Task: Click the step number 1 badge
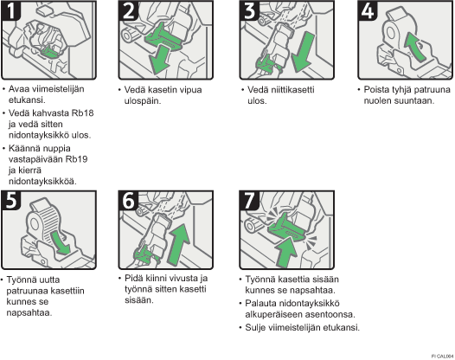[x=11, y=10]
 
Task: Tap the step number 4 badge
[x=368, y=10]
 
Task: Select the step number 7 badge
[x=249, y=200]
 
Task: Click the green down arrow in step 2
[x=159, y=60]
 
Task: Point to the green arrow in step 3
[x=303, y=52]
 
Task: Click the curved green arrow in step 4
[x=414, y=47]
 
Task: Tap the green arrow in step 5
[x=61, y=242]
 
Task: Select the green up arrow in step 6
[x=178, y=244]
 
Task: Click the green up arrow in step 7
[x=286, y=252]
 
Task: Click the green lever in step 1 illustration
[x=50, y=51]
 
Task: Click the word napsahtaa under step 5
[x=29, y=313]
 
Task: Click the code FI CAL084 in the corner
[x=442, y=357]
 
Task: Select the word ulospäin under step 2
[x=143, y=101]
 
